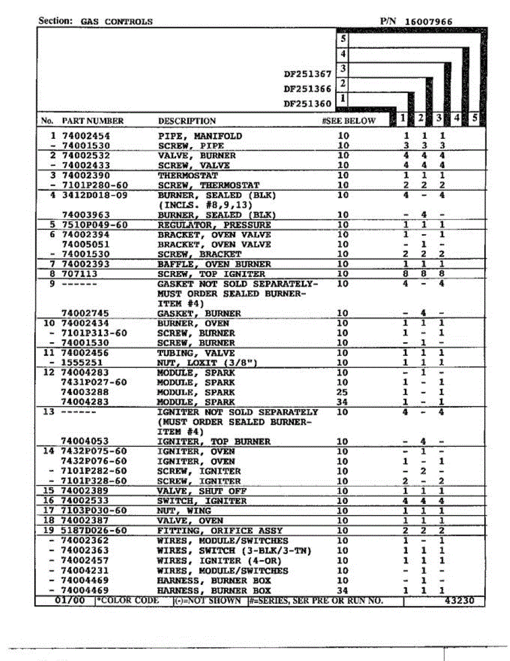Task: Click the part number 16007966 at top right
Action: point(429,21)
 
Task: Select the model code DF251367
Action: point(308,74)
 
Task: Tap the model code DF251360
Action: point(308,103)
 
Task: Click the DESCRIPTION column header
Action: point(187,121)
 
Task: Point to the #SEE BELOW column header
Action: point(349,121)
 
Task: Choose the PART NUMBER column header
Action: point(92,121)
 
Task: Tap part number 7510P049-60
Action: point(94,225)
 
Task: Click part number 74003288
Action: point(85,392)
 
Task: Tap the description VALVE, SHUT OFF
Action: point(202,491)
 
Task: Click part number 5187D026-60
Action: point(94,530)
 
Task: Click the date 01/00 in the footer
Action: point(70,600)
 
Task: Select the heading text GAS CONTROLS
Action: point(117,21)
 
